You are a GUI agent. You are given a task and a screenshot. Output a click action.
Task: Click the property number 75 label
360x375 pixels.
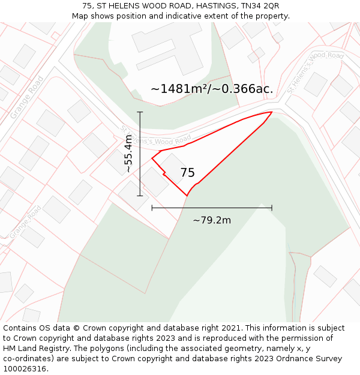[x=187, y=173]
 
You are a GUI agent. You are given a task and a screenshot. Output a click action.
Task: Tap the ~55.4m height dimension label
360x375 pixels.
[x=128, y=154]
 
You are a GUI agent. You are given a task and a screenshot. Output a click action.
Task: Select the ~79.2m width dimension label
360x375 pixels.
[x=212, y=220]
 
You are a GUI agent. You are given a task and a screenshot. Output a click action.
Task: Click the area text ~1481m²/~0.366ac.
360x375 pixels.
[x=212, y=89]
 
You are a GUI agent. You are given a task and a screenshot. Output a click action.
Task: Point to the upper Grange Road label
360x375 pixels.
[x=26, y=97]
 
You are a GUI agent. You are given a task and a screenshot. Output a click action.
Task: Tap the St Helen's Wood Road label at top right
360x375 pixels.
[x=315, y=72]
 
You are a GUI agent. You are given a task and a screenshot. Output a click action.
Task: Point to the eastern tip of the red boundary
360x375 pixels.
[x=272, y=112]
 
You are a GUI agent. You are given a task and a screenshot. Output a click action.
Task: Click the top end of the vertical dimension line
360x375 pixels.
[x=140, y=112]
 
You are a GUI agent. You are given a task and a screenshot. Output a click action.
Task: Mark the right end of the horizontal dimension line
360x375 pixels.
[x=272, y=208]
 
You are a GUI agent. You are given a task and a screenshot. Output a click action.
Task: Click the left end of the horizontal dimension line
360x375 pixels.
[x=152, y=208]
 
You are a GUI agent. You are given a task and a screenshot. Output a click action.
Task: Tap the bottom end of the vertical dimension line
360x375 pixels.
[x=140, y=196]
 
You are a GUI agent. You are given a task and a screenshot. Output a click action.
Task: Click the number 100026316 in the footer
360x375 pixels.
[x=26, y=369]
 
